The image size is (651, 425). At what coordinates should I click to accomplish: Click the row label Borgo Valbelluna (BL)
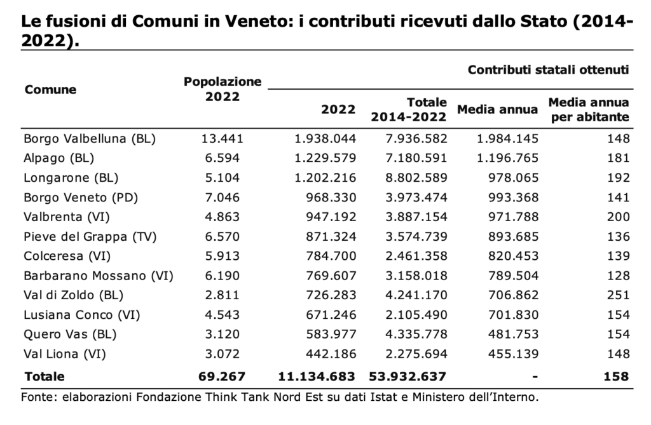tap(90, 138)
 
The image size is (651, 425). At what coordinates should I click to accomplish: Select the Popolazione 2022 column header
tap(223, 89)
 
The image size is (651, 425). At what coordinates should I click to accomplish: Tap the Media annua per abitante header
tap(588, 109)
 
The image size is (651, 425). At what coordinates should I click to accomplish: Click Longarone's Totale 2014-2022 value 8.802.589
tap(416, 178)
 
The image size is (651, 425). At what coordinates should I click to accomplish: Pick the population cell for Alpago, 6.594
tap(222, 158)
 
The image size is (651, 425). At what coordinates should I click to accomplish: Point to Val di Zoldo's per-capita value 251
tap(618, 295)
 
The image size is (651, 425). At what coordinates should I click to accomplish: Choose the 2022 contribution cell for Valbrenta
tap(331, 217)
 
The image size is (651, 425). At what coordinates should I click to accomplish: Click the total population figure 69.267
tap(222, 377)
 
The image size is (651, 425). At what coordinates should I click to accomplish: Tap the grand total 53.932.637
tap(408, 377)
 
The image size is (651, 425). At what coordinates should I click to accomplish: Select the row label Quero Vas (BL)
tap(70, 334)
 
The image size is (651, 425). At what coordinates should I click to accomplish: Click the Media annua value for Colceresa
tap(514, 256)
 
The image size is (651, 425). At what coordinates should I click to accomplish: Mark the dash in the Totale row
tap(535, 377)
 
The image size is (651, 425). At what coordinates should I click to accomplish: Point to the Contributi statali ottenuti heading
tap(548, 70)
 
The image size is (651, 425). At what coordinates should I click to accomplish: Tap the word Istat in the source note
tap(390, 397)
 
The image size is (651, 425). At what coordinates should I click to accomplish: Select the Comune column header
tap(50, 89)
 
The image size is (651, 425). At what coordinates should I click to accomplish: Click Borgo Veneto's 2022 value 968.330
tap(331, 197)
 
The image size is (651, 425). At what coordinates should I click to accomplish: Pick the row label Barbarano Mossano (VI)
tap(99, 276)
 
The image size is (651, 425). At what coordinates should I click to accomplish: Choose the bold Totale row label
tap(45, 377)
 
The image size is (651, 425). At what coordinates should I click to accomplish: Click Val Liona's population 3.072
tap(222, 354)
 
